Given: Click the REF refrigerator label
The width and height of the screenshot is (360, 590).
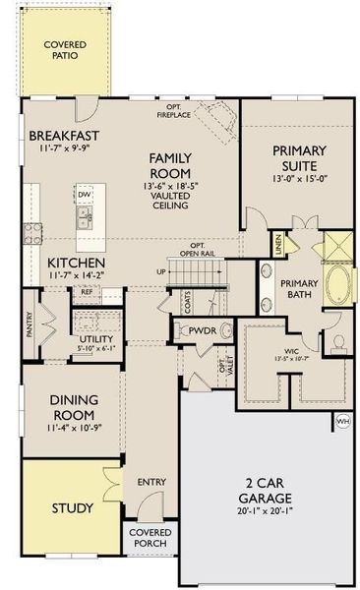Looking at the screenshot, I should [87, 292].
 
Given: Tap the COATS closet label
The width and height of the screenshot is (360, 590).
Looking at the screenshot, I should [184, 296].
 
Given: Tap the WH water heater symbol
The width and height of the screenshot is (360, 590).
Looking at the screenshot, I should [342, 421].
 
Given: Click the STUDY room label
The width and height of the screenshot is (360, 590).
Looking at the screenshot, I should [74, 508].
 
